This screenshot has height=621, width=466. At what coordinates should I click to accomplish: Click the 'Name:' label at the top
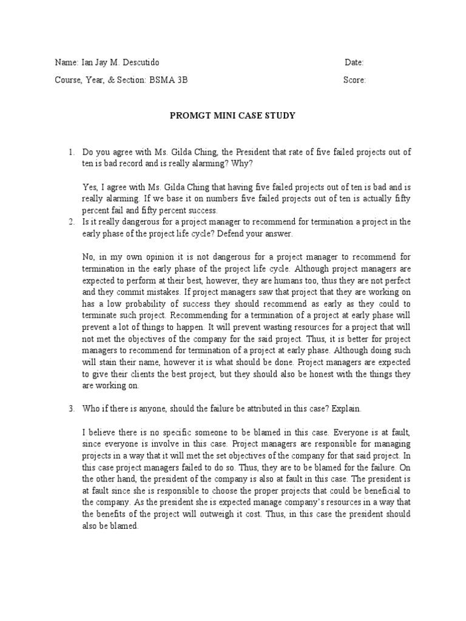pos(66,62)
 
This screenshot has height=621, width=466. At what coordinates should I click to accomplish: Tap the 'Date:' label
pos(354,62)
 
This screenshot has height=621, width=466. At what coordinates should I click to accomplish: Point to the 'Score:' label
pos(354,79)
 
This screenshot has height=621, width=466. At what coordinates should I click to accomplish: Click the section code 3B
pos(181,79)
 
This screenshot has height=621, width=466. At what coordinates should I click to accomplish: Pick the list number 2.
pos(70,222)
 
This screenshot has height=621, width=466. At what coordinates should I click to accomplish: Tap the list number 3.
pos(70,409)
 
